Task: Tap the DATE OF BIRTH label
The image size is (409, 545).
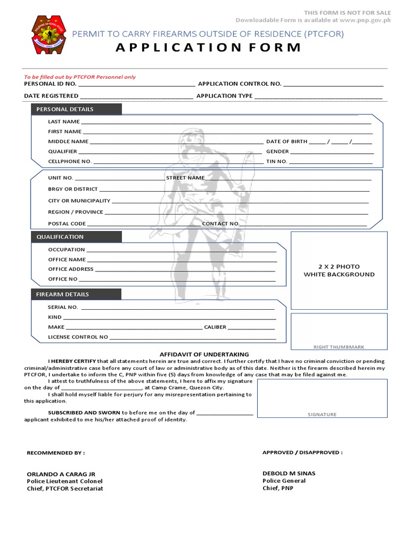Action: click(x=287, y=142)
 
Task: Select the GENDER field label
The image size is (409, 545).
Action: click(x=277, y=152)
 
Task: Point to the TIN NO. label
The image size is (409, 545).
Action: click(x=277, y=161)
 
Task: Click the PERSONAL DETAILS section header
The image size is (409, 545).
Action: click(x=65, y=109)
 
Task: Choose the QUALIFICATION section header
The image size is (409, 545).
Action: click(x=60, y=237)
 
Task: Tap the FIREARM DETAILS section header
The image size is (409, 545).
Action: click(x=63, y=294)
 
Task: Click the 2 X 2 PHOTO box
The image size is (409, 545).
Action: click(x=339, y=270)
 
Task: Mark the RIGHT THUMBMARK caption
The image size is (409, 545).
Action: click(x=339, y=347)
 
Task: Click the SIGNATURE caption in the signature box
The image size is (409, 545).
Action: click(x=322, y=414)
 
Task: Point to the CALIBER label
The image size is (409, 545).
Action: click(x=215, y=327)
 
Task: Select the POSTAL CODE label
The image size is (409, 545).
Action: click(x=67, y=224)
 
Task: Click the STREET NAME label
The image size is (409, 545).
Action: click(x=185, y=178)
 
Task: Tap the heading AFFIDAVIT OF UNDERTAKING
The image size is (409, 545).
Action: click(x=204, y=354)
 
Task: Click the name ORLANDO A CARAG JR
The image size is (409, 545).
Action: click(x=61, y=474)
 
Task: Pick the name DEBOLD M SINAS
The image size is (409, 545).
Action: click(x=289, y=473)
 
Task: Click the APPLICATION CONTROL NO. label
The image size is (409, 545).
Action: click(x=240, y=84)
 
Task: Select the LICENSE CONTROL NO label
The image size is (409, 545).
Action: click(x=78, y=337)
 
